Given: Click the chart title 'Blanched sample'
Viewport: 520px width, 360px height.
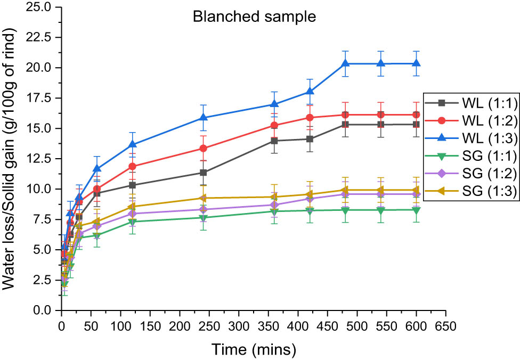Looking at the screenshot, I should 254,17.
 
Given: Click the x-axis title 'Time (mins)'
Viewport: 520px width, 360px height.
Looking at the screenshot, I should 251,349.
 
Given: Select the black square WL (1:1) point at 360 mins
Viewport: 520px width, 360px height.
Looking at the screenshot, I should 274,141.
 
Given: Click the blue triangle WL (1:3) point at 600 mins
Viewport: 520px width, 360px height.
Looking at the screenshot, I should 415,63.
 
